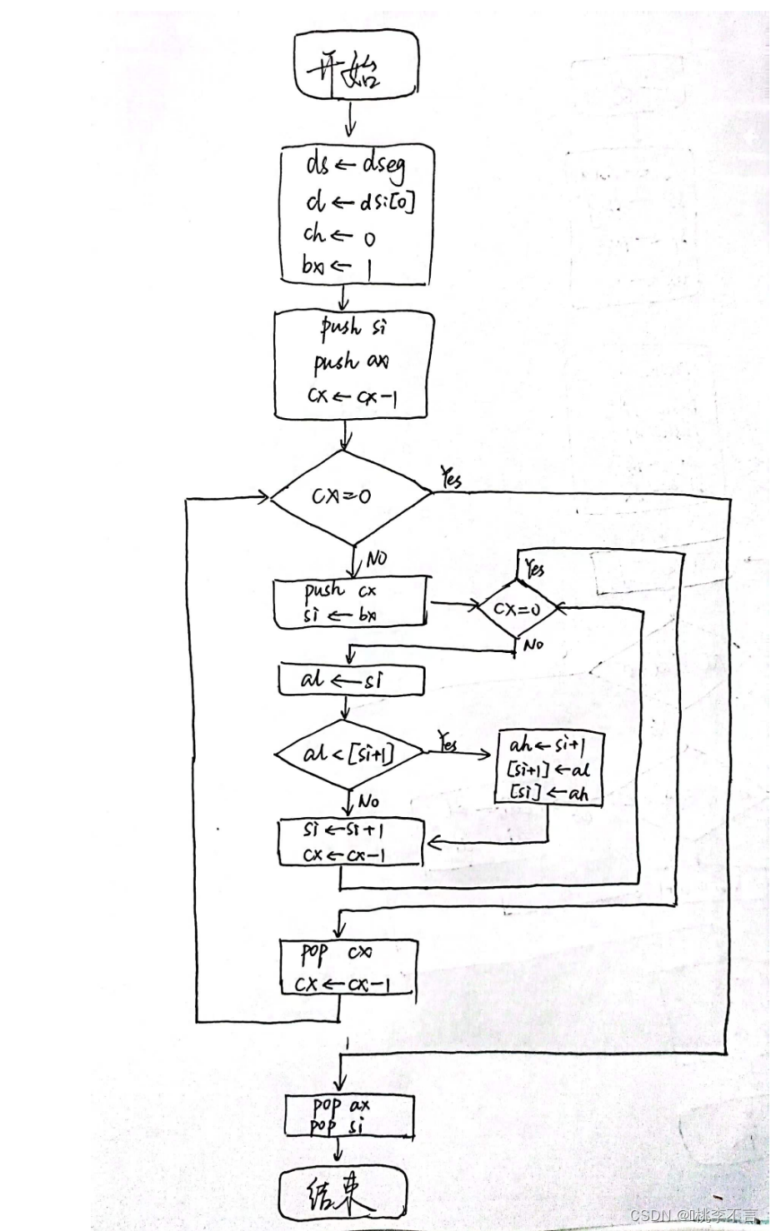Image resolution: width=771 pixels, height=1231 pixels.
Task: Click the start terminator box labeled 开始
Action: (x=356, y=62)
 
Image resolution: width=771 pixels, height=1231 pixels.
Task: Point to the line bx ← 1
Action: (x=338, y=267)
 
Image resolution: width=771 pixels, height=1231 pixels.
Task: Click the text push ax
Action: (x=351, y=362)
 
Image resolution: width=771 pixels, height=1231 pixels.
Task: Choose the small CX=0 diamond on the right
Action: (x=517, y=609)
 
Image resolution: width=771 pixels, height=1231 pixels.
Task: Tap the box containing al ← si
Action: (x=351, y=680)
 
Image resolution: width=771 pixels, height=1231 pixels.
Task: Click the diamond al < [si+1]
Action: (x=349, y=755)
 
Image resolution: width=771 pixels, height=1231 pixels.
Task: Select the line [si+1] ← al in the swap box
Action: (x=548, y=769)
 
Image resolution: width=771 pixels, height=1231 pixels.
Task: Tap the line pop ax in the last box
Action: (x=341, y=1106)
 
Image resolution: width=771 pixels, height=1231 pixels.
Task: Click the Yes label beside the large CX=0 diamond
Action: (x=451, y=478)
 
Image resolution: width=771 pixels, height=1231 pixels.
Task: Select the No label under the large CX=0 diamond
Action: (x=376, y=559)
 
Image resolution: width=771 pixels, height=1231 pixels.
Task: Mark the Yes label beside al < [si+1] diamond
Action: (x=448, y=743)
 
